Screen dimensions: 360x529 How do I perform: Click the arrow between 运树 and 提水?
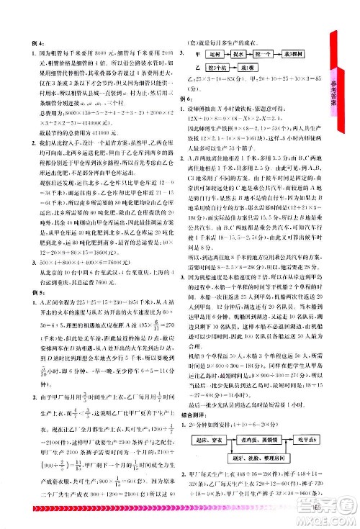click(232, 54)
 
